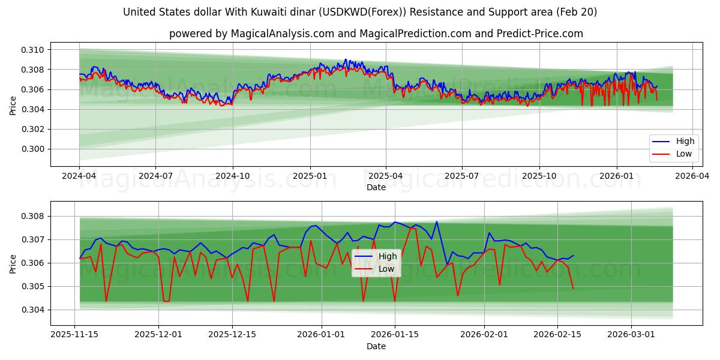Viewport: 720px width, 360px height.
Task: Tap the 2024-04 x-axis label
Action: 79,176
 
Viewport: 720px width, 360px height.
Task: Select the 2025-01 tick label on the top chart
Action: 310,176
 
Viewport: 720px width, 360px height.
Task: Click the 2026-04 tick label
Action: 693,176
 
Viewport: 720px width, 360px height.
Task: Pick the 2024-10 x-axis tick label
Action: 233,176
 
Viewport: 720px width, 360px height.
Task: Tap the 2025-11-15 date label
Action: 74,335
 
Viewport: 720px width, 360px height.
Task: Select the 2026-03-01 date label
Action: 631,335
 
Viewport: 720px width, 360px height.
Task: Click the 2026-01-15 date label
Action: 394,335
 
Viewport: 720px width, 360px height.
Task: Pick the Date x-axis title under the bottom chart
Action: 376,346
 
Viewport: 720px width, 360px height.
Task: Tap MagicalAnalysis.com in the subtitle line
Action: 282,34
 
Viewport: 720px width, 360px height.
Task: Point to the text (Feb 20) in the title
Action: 575,12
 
